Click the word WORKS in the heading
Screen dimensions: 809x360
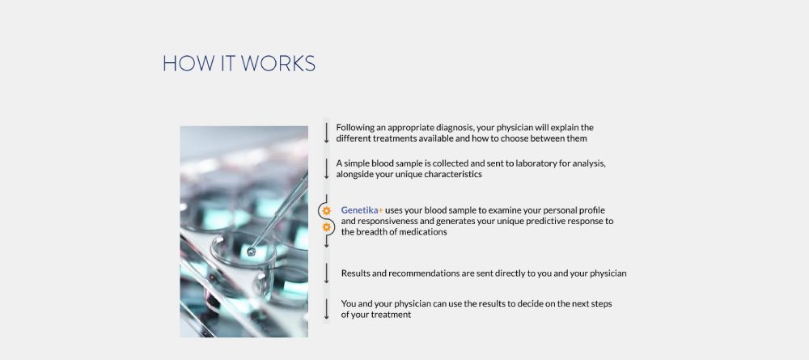tap(278, 63)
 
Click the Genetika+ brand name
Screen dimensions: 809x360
tap(362, 210)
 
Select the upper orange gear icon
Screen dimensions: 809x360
tap(327, 211)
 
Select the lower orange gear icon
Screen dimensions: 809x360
tap(327, 227)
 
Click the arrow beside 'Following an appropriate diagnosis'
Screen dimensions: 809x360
tap(327, 133)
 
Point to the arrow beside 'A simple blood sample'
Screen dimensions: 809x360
tap(327, 168)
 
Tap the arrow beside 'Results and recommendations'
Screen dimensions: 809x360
tap(327, 273)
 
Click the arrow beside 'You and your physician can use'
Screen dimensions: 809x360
tap(327, 309)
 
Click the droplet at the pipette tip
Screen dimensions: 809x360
tap(252, 252)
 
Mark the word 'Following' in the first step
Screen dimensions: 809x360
tap(354, 128)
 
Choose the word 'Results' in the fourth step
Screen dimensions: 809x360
tap(355, 273)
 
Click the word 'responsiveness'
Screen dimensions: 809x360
tap(388, 222)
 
